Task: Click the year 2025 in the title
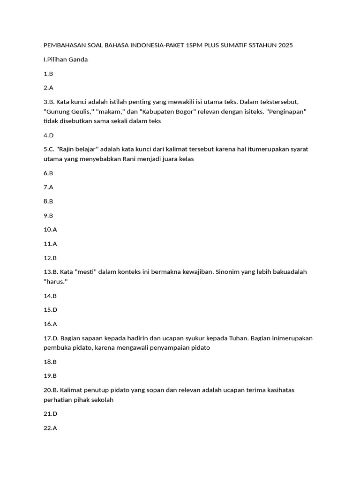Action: click(285, 45)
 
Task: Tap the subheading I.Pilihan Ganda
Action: click(66, 60)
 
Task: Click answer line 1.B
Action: click(48, 74)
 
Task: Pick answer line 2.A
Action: click(48, 88)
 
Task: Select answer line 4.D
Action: click(49, 135)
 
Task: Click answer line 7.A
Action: click(48, 187)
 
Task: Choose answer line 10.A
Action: click(50, 230)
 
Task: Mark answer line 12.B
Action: click(50, 258)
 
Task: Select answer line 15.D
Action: click(51, 310)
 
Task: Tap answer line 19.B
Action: click(50, 376)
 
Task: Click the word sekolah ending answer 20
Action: click(102, 400)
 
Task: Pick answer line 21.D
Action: click(51, 414)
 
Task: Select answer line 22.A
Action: click(50, 428)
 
